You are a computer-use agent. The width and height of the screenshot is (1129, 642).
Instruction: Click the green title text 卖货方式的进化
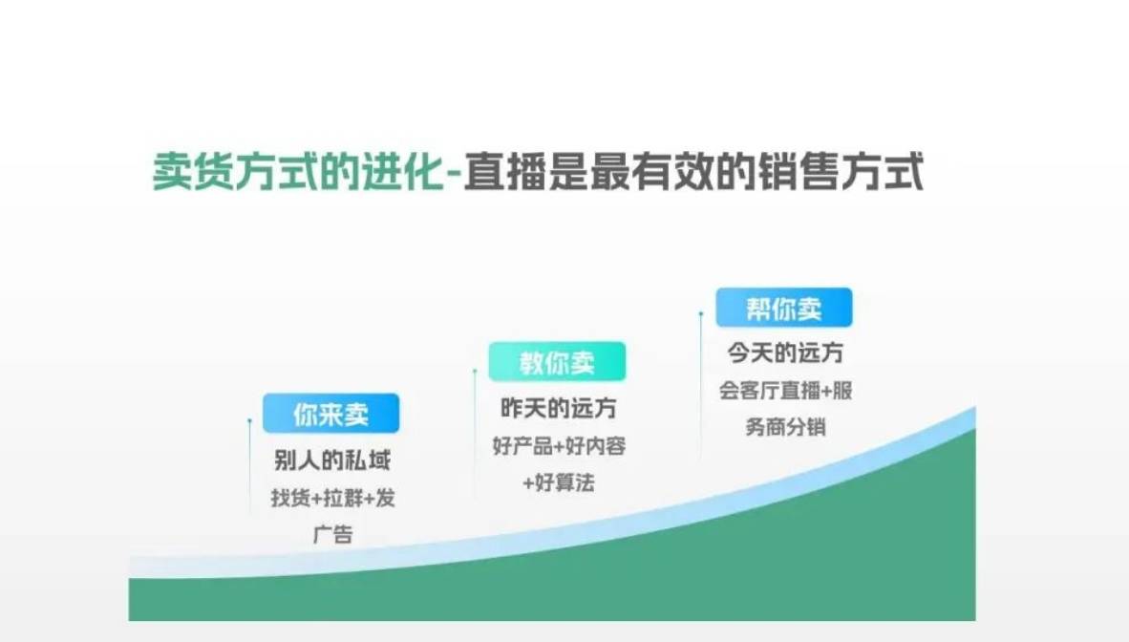(x=299, y=172)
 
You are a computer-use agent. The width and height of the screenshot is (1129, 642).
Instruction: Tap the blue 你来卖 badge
(x=331, y=414)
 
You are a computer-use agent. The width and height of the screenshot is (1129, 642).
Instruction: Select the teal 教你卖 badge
(x=557, y=362)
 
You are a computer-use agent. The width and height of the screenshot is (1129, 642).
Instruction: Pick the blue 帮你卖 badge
(x=784, y=308)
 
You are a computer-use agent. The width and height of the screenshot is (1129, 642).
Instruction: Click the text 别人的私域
(x=332, y=460)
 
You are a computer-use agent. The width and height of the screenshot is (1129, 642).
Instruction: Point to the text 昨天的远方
(x=559, y=408)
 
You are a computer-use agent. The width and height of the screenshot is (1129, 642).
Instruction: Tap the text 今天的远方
(x=785, y=353)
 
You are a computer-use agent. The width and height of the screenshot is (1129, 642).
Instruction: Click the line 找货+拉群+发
(x=332, y=497)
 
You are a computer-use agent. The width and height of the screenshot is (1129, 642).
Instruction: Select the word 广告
(x=332, y=534)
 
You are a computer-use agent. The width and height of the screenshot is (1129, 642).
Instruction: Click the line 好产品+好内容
(x=559, y=445)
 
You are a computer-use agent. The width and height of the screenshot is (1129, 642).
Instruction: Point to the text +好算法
(x=559, y=482)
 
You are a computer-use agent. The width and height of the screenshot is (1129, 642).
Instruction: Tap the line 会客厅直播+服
(x=785, y=390)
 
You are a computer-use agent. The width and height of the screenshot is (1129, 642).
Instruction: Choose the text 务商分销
(x=785, y=426)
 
